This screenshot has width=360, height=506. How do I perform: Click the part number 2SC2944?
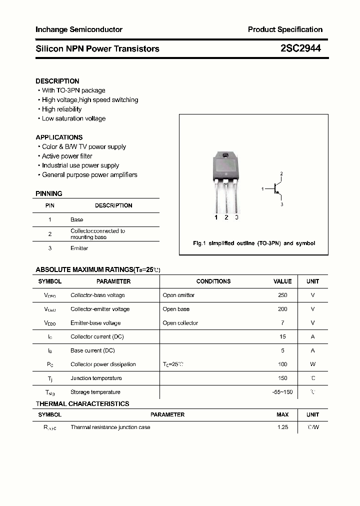click(x=300, y=48)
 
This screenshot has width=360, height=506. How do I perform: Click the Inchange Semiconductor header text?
click(x=79, y=29)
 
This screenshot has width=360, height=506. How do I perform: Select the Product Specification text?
click(x=285, y=29)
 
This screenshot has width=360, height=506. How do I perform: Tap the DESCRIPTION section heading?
click(x=57, y=81)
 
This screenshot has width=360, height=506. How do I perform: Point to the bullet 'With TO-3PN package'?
click(x=73, y=90)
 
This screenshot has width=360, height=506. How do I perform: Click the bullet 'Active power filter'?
click(x=67, y=156)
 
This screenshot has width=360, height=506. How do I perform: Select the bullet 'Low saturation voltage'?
click(x=73, y=118)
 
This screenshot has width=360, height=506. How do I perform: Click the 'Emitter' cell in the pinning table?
click(x=79, y=248)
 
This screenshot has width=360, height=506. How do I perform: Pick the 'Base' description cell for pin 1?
click(x=76, y=219)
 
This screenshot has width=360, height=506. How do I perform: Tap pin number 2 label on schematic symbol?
click(x=281, y=173)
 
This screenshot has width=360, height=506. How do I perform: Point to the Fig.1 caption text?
click(x=254, y=243)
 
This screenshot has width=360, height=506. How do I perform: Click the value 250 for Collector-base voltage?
click(x=282, y=295)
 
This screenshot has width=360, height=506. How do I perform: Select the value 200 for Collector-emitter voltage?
click(x=282, y=309)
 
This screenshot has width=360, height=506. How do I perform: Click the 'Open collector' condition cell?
click(x=180, y=323)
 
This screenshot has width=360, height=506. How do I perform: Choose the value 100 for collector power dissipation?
click(x=282, y=364)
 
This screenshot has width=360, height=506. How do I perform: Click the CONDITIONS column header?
click(x=213, y=281)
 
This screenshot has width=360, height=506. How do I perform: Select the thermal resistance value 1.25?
click(x=282, y=427)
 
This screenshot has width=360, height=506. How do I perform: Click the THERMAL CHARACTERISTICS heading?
click(x=82, y=403)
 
